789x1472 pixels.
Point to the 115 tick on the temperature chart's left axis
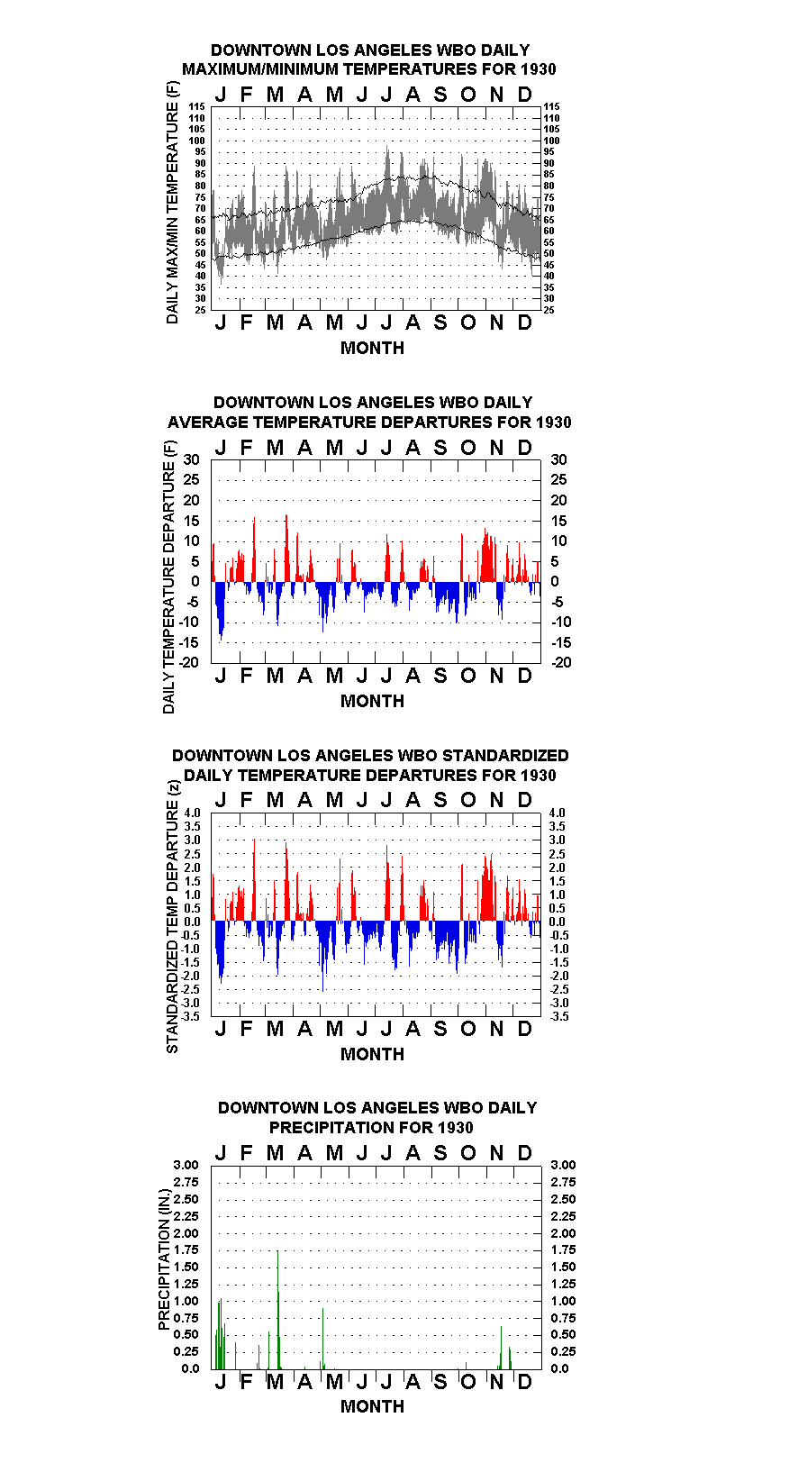pos(196,106)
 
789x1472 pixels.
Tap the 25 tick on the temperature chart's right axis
pos(549,310)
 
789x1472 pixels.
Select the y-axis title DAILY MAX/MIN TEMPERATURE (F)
pos(172,203)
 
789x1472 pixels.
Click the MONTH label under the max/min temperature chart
pos(372,349)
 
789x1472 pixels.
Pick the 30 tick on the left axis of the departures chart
pos(191,460)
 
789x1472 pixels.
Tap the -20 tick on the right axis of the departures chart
pos(561,662)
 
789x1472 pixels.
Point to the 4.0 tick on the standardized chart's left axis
pos(193,813)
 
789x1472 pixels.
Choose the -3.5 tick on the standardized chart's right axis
pos(559,1016)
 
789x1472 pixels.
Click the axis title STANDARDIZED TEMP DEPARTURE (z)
pos(173,917)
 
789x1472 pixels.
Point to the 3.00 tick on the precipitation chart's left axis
pos(186,1165)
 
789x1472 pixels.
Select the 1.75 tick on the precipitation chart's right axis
pos(563,1249)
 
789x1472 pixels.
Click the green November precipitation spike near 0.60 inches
pos(502,1347)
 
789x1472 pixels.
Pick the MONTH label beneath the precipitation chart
pos(372,1406)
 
